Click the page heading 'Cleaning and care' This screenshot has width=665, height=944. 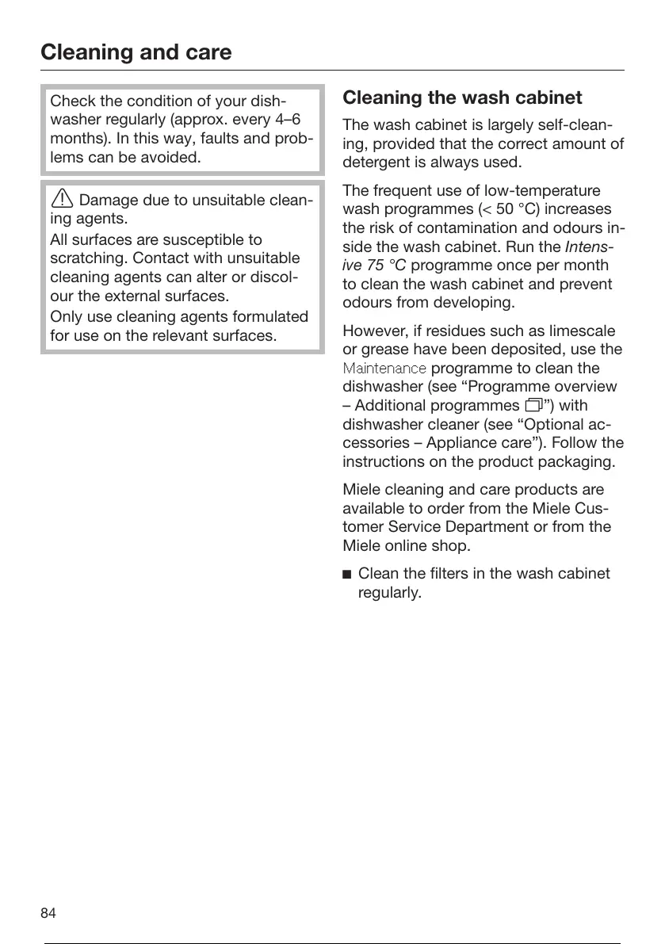coord(136,52)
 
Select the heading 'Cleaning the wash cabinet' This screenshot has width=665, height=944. coord(462,98)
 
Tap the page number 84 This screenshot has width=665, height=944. coord(48,913)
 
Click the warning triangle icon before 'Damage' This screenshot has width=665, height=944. coord(62,200)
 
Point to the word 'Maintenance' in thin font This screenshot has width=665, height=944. coord(384,369)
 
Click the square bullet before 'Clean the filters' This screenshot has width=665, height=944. coord(347,573)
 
